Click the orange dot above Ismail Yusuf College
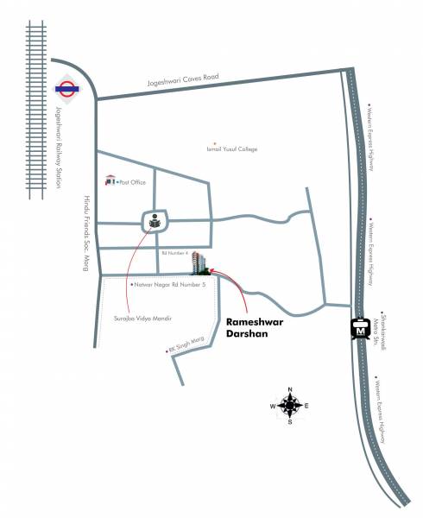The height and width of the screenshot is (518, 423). [x=215, y=142]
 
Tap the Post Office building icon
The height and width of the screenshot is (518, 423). [x=110, y=180]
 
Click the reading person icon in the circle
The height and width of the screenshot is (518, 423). [x=155, y=222]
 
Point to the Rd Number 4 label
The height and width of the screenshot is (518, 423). [x=175, y=254]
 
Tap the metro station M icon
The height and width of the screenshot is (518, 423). [x=361, y=329]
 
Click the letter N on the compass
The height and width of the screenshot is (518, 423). [x=290, y=388]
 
